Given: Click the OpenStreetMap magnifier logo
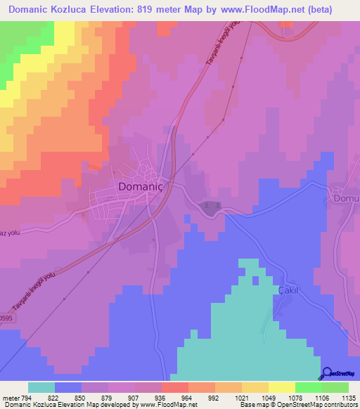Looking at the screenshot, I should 328,373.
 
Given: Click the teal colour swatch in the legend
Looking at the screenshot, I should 41,387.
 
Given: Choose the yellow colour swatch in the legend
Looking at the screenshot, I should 281,387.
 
